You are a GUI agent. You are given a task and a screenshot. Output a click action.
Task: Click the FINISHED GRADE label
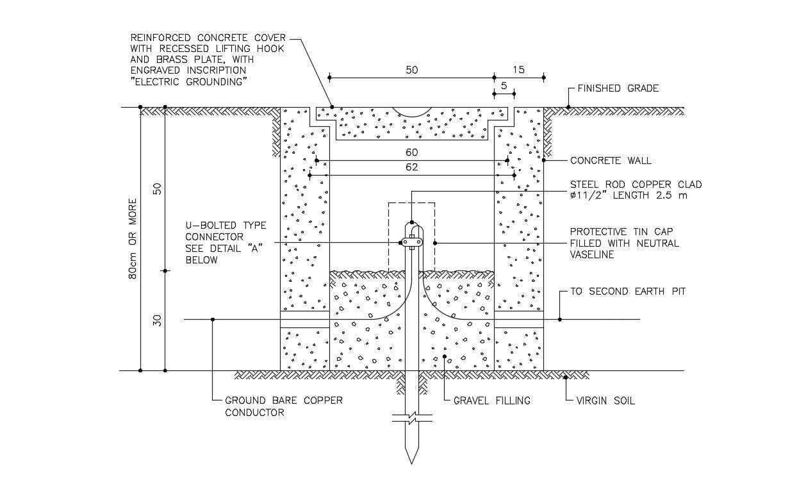tap(618, 88)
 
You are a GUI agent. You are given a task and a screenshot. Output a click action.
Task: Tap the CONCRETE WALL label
tap(611, 160)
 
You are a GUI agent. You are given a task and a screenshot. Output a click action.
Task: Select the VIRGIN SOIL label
tap(605, 401)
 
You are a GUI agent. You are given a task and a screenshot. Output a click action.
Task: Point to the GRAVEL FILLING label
tap(492, 401)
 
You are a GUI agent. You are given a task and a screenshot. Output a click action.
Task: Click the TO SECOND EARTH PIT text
tap(628, 292)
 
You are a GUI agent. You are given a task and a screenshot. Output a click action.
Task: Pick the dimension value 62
tap(411, 167)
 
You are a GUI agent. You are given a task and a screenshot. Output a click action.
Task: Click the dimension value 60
tap(411, 153)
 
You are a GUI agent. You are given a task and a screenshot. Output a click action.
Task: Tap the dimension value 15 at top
tap(518, 70)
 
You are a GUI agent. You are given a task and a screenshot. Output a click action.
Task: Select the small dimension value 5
tap(504, 86)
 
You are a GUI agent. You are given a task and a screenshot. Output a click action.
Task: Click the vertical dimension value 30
tap(157, 320)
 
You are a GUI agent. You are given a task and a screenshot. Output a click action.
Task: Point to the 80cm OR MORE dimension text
tap(133, 239)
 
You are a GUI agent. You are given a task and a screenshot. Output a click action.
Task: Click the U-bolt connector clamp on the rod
tap(411, 242)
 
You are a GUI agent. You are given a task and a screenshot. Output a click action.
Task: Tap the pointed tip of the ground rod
tap(411, 464)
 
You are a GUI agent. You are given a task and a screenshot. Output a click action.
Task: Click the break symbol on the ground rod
tap(412, 418)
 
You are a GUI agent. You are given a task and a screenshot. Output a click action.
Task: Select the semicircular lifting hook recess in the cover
tap(411, 112)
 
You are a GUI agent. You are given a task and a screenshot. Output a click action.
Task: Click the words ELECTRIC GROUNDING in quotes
tap(188, 82)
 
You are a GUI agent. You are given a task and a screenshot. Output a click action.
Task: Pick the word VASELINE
tap(592, 255)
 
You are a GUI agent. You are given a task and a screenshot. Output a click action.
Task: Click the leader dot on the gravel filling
tap(445, 356)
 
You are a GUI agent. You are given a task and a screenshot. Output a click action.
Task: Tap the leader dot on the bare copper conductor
tap(213, 320)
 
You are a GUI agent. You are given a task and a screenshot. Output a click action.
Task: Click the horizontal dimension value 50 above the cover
tap(411, 70)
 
